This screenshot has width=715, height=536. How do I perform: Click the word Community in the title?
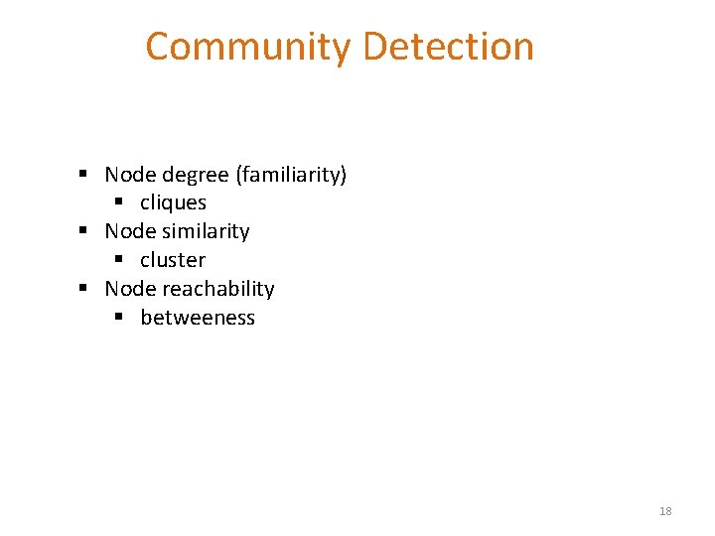248,47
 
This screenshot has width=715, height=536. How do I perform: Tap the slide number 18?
665,511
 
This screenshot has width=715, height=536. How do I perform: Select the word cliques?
173,202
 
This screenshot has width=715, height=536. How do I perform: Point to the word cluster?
173,260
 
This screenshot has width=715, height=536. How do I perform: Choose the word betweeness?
198,318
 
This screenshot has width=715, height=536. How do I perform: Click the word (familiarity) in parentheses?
291,176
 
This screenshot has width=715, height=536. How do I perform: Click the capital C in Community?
159,47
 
